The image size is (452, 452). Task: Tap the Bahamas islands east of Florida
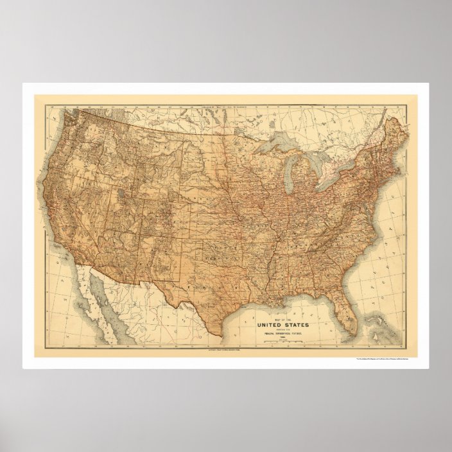pyautogui.click(x=379, y=321)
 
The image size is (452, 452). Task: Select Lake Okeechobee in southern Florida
pyautogui.click(x=350, y=319)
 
